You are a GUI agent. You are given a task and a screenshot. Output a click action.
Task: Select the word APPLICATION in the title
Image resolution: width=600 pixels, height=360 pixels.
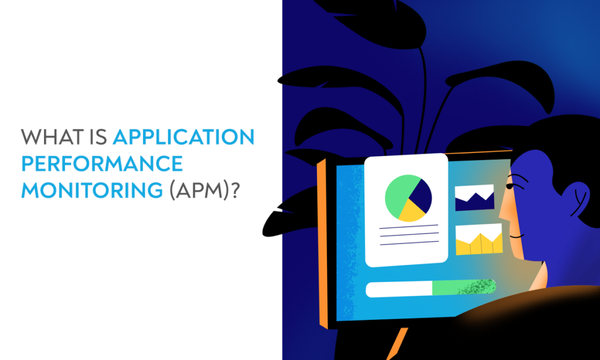pyautogui.click(x=183, y=137)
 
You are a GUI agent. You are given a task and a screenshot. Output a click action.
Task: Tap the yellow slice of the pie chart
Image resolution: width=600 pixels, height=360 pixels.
pyautogui.click(x=411, y=213)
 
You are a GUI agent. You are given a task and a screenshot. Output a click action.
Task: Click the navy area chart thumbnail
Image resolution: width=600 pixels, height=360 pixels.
pyautogui.click(x=475, y=198)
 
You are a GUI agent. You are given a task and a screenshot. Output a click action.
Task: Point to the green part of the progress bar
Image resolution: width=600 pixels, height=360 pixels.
pyautogui.click(x=463, y=287)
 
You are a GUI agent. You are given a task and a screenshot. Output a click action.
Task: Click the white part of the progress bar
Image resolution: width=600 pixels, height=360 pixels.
pyautogui.click(x=398, y=288)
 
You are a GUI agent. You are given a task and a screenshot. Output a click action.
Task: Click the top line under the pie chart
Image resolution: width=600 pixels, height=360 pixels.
pyautogui.click(x=408, y=225)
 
